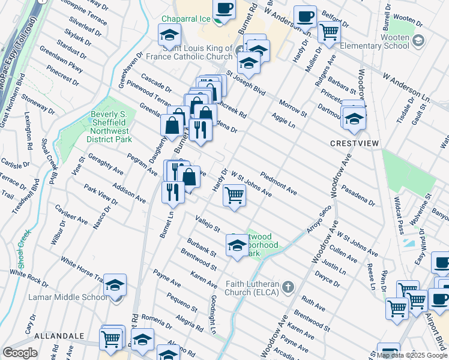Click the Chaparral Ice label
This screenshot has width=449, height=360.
pos(185,19)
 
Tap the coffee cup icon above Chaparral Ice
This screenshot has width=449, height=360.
pos(224,8)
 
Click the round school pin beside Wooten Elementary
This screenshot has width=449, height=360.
pos(418,41)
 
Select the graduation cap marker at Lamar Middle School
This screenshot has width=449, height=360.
pos(115,284)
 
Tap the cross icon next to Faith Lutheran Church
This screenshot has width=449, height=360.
pos(288,284)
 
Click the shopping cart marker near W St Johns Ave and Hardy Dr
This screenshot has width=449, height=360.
pos(234,194)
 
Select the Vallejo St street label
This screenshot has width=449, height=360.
pos(207,223)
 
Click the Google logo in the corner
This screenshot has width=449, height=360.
pos(19,353)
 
